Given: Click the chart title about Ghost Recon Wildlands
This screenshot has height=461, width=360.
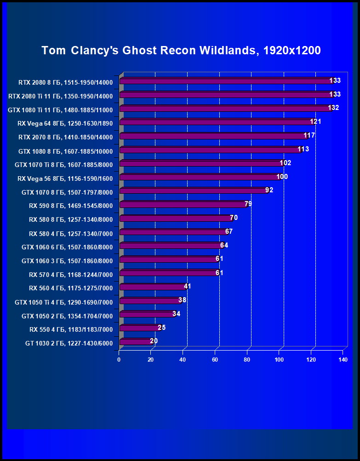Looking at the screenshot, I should pyautogui.click(x=181, y=50).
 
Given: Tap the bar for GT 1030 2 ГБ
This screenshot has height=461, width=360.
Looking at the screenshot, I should pyautogui.click(x=136, y=342).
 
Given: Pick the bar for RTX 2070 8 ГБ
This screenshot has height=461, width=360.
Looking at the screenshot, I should pyautogui.click(x=213, y=136).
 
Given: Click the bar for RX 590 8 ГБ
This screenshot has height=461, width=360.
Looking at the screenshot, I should pyautogui.click(x=184, y=205).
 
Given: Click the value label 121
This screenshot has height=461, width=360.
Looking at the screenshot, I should pyautogui.click(x=315, y=121).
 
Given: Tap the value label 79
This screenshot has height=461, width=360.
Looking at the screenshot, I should pyautogui.click(x=248, y=204).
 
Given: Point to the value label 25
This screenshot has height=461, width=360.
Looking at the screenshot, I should pyautogui.click(x=161, y=328).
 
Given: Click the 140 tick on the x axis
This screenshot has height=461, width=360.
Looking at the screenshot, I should pyautogui.click(x=343, y=360).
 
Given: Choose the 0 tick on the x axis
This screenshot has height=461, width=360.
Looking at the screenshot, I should pyautogui.click(x=119, y=360).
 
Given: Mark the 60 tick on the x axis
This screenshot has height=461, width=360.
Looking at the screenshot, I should pyautogui.click(x=215, y=360).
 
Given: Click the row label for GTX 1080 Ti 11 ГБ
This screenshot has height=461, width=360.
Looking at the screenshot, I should pyautogui.click(x=60, y=110).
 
